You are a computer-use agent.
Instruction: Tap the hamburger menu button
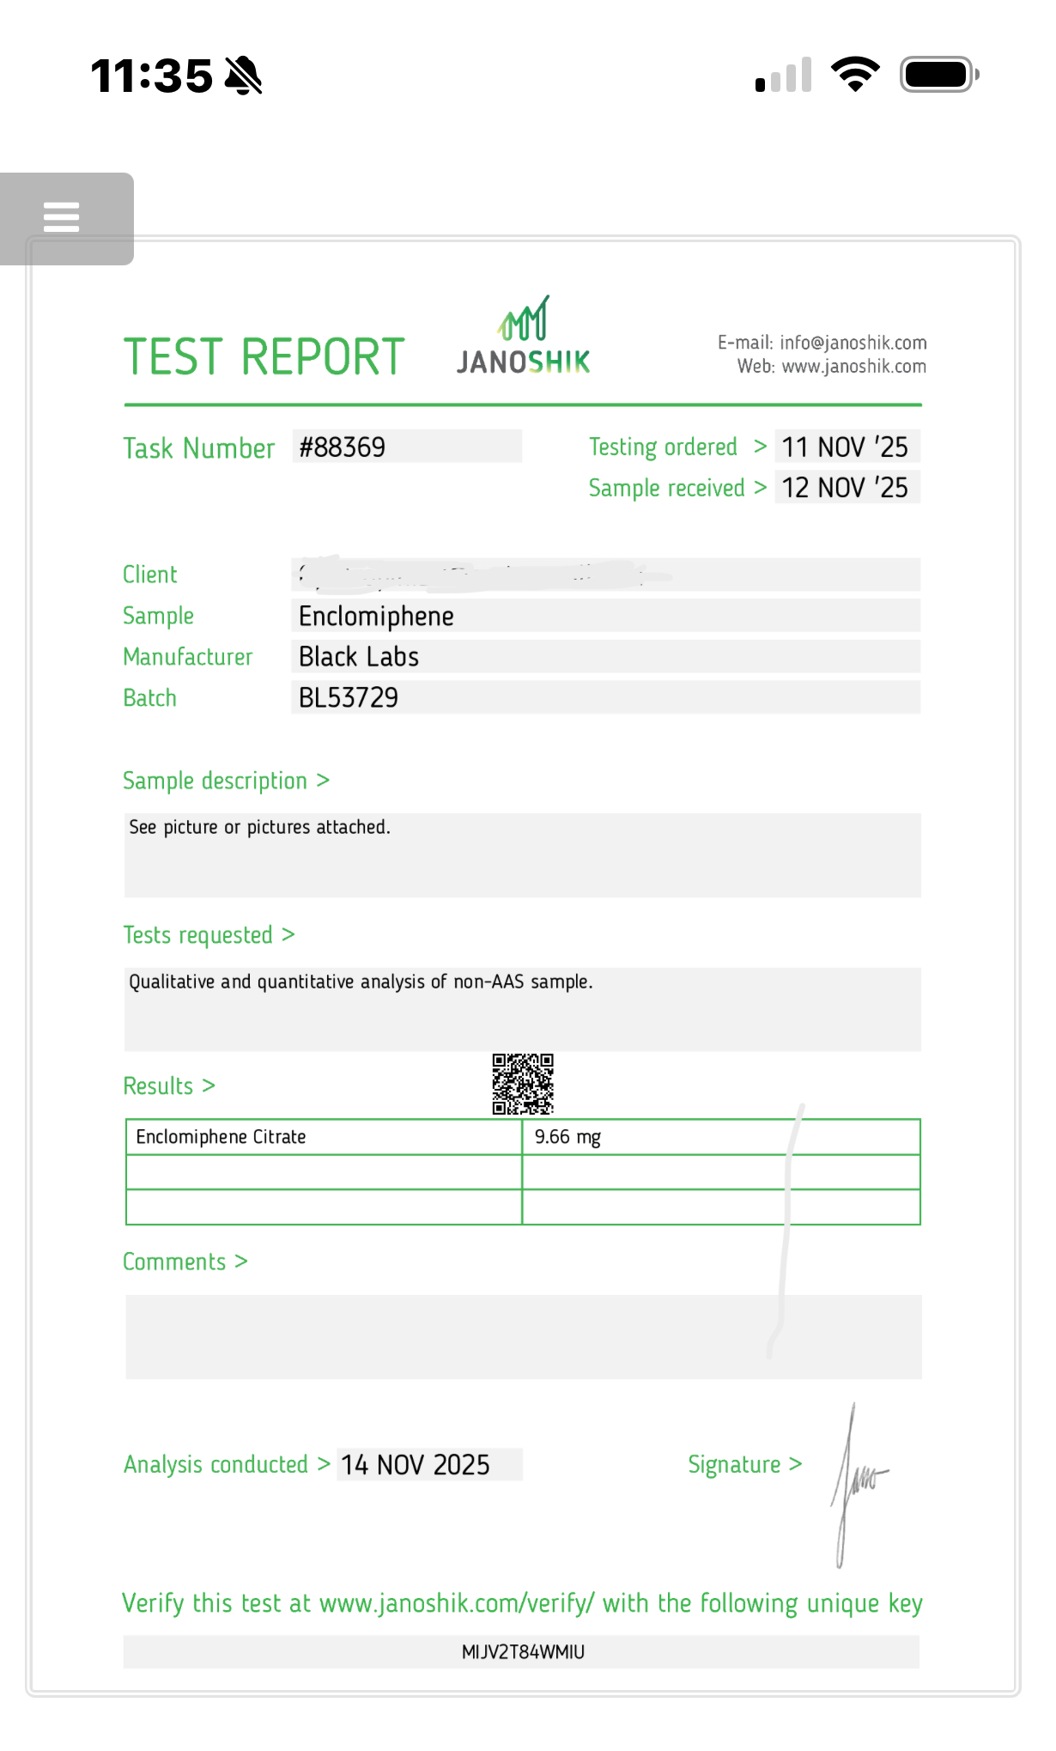[62, 217]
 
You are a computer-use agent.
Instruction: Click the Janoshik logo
[524, 337]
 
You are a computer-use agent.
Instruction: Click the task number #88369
[343, 447]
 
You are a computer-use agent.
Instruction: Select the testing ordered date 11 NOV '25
[845, 447]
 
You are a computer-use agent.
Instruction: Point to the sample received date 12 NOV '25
[845, 488]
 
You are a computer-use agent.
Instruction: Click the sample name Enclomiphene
[376, 616]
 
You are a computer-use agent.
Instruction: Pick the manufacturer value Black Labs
[359, 657]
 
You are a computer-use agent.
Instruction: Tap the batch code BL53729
[349, 697]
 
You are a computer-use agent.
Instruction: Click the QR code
[523, 1084]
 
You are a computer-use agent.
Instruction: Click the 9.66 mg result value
[567, 1137]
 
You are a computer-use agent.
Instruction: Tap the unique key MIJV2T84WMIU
[523, 1652]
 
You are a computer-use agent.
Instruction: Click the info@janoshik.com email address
[853, 343]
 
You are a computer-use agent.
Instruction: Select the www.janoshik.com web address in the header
[853, 367]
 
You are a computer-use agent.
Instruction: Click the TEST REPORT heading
[264, 356]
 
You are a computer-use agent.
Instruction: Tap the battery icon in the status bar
[938, 75]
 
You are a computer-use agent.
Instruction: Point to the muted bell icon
[243, 76]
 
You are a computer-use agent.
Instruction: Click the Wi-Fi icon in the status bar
[855, 75]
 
